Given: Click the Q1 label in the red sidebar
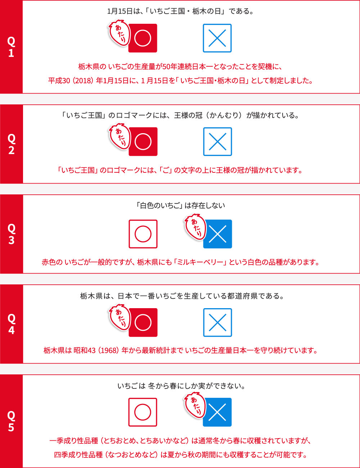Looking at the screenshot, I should point(11,47).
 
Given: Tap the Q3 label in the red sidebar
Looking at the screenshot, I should point(11,234).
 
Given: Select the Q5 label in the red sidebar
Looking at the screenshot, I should point(11,421).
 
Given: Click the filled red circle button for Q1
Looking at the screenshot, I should point(143,38).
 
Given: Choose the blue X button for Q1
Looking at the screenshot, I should point(217,38).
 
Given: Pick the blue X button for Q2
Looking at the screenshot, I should point(217,141).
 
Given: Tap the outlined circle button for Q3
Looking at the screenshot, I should point(143,234).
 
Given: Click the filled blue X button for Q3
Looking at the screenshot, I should point(218,234).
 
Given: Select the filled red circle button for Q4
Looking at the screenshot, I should point(143,323).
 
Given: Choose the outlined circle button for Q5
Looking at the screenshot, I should point(143,412).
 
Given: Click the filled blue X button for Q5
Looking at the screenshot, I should point(217,412).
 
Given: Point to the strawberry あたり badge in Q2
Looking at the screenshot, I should point(119,136).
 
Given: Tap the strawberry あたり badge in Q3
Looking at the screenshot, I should point(195,227).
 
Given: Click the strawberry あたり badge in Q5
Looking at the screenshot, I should point(194,405).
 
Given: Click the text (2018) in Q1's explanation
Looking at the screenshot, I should point(84,81).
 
